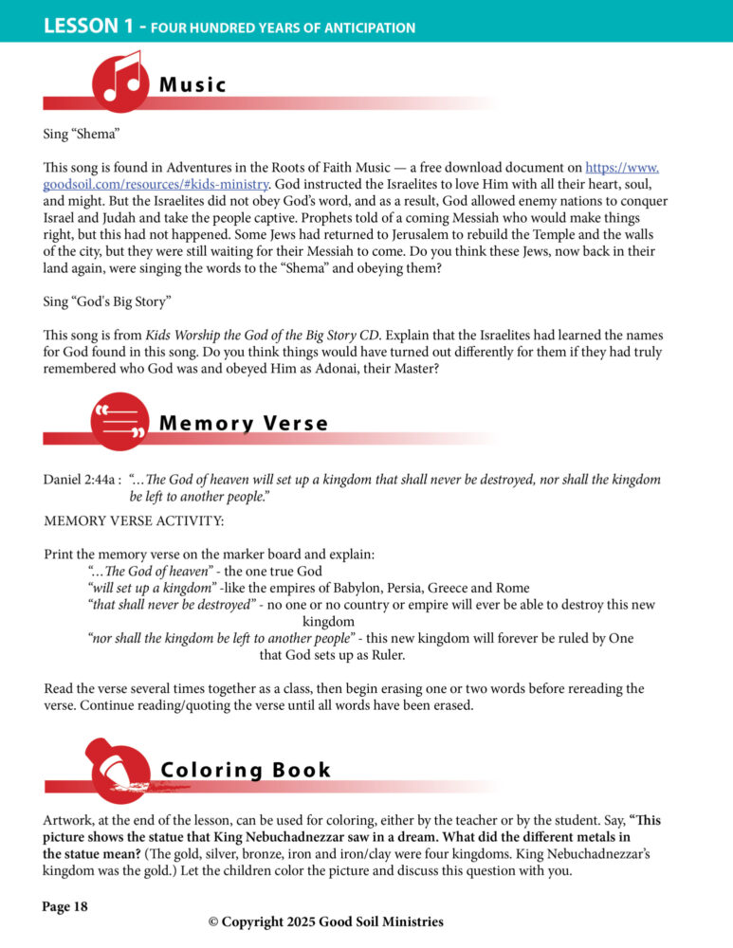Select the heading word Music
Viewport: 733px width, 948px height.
(x=192, y=85)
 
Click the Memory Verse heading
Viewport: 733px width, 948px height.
(x=243, y=424)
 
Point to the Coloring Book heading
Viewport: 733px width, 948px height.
(x=246, y=770)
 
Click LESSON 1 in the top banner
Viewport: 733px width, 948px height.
(x=91, y=27)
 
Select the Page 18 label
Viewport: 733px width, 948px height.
(x=65, y=907)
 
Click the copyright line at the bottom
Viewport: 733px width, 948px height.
(x=325, y=921)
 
